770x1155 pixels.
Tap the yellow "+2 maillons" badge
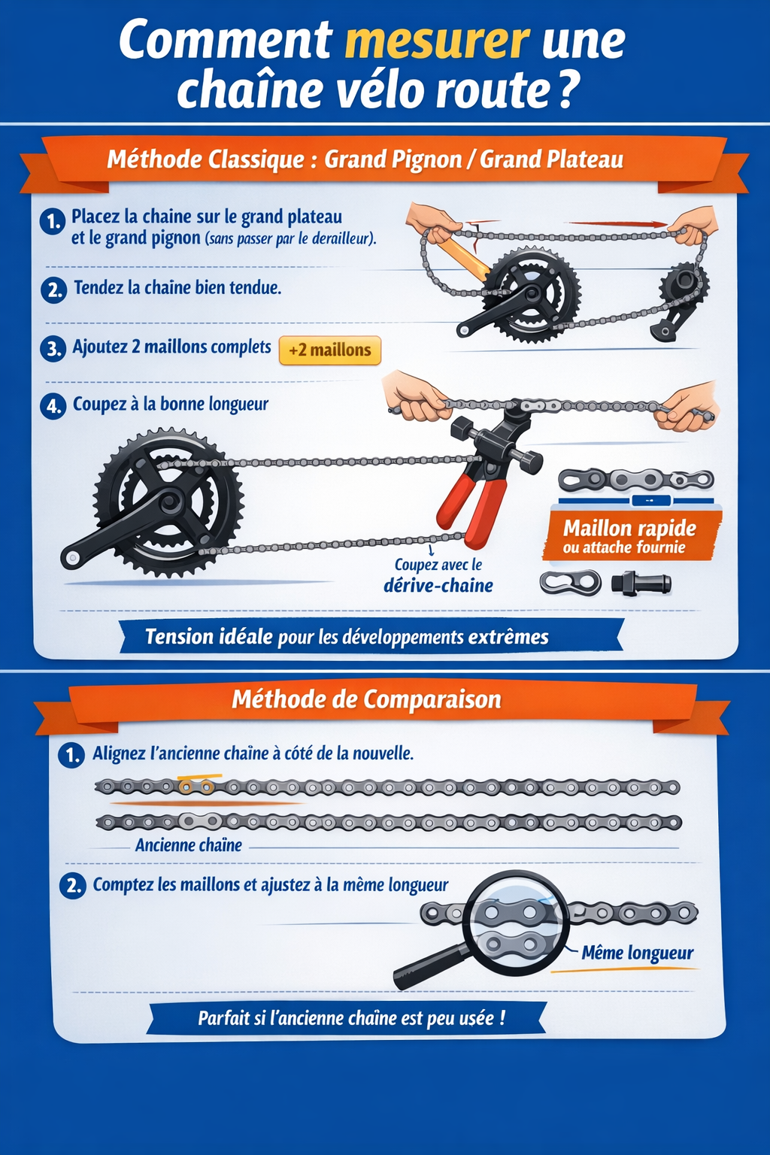point(330,350)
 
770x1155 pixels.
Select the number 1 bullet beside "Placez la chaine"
point(53,222)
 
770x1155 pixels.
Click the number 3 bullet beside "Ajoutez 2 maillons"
point(53,349)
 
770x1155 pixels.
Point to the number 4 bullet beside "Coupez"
point(53,406)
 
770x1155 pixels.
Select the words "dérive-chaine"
point(438,585)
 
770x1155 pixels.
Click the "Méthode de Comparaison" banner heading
point(366,699)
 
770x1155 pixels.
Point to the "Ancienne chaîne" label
point(188,845)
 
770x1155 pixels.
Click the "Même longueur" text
point(638,953)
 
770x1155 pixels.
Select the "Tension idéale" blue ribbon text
point(347,637)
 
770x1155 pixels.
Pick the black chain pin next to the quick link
point(641,584)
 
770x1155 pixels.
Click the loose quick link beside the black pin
point(571,583)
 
